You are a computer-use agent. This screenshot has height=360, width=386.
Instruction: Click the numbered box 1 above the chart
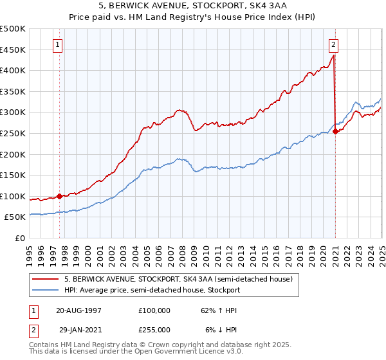pyautogui.click(x=59, y=45)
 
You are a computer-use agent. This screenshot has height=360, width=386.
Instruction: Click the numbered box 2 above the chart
pyautogui.click(x=334, y=45)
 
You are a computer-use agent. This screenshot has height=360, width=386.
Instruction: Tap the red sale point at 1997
pyautogui.click(x=60, y=196)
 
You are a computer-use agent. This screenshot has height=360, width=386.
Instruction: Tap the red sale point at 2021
pyautogui.click(x=335, y=131)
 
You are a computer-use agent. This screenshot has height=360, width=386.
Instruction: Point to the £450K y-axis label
pyautogui.click(x=13, y=50)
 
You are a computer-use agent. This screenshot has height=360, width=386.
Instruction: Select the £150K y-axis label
pyautogui.click(x=13, y=175)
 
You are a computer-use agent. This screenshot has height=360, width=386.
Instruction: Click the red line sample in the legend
pyautogui.click(x=46, y=279)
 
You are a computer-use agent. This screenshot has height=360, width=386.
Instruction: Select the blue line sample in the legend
pyautogui.click(x=46, y=290)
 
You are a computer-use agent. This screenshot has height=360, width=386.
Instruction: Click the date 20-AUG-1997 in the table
pyautogui.click(x=78, y=310)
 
